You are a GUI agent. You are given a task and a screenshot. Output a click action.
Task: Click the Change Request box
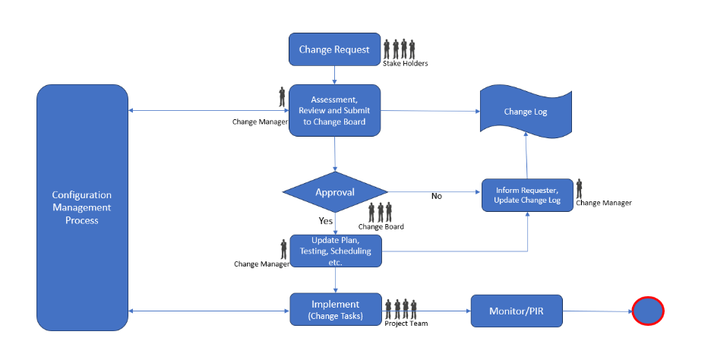click(x=334, y=49)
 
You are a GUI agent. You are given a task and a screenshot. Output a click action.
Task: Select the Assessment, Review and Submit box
click(x=334, y=111)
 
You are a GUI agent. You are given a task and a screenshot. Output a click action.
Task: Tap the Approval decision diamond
click(x=334, y=192)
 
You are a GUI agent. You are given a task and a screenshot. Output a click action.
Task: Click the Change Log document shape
click(x=526, y=112)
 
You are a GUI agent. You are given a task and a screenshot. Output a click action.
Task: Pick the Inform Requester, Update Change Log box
click(x=527, y=195)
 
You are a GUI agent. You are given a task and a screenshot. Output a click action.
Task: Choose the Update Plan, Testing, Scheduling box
click(x=336, y=251)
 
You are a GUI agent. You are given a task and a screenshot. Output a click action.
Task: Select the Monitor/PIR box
click(x=517, y=311)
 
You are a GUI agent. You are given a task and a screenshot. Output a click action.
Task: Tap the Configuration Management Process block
click(x=82, y=207)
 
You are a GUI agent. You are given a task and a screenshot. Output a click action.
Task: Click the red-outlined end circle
click(x=648, y=311)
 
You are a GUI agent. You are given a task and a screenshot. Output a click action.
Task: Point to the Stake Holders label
click(x=405, y=64)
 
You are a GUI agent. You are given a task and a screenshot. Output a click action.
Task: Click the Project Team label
click(x=406, y=324)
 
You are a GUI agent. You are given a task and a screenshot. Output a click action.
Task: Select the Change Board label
click(x=381, y=226)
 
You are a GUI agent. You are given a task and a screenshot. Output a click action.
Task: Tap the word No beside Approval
click(x=437, y=196)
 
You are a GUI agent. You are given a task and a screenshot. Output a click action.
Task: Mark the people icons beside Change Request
click(x=400, y=49)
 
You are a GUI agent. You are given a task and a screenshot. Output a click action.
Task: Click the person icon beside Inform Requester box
click(x=579, y=188)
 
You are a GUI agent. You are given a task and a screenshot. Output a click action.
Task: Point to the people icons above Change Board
click(x=381, y=212)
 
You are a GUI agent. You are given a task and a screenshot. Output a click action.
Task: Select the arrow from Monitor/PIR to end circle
click(x=597, y=311)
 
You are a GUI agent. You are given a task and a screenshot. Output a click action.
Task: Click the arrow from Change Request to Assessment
click(x=335, y=75)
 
